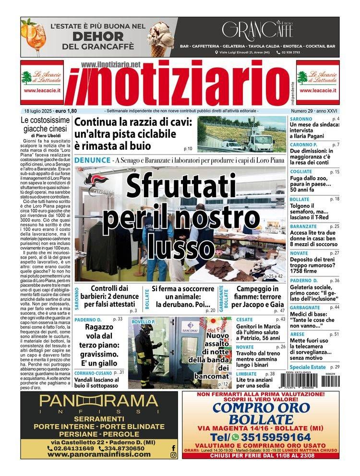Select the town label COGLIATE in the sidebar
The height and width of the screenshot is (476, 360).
pyautogui.click(x=301, y=171)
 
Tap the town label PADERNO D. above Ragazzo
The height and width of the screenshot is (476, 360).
pyautogui.click(x=88, y=319)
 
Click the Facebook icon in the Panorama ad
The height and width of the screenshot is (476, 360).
pyautogui.click(x=173, y=448)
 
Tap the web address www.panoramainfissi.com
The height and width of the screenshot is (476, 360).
pyautogui.click(x=101, y=454)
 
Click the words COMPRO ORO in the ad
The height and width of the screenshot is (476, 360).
pyautogui.click(x=261, y=408)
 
